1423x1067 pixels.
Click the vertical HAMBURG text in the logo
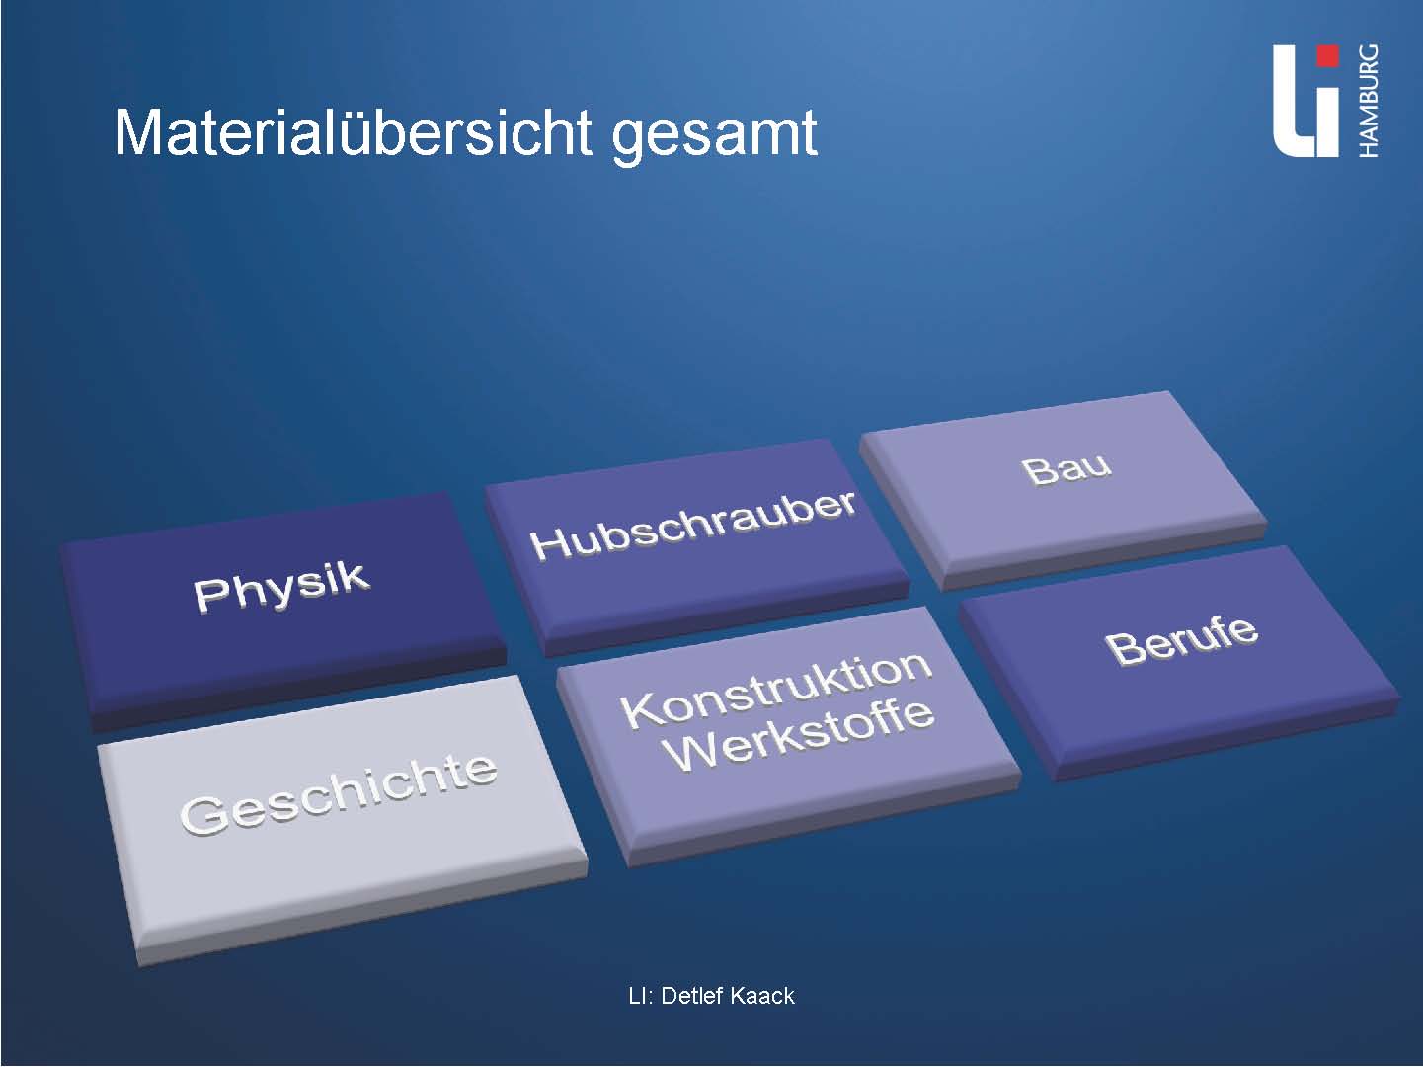click(x=1368, y=101)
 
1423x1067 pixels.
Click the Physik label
click(x=282, y=587)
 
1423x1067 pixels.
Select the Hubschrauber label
click(x=693, y=526)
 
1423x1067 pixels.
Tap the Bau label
click(x=1067, y=469)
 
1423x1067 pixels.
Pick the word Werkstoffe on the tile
click(x=801, y=736)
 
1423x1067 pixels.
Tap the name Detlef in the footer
click(x=691, y=996)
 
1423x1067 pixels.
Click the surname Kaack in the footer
click(x=761, y=996)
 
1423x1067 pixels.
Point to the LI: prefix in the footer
click(x=642, y=996)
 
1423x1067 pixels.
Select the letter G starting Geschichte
click(x=202, y=816)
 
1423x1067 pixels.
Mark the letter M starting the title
click(x=138, y=132)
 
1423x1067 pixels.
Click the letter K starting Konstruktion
click(x=640, y=709)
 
